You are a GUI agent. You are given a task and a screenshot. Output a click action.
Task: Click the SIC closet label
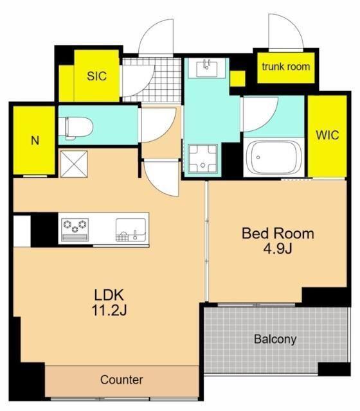[x=97, y=76]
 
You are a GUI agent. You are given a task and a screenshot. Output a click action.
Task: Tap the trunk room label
[x=286, y=67]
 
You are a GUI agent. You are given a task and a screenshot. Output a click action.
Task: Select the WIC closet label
[x=327, y=135]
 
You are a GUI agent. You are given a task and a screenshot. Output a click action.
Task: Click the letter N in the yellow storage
[x=35, y=141]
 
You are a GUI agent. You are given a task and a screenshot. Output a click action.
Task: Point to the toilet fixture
[x=76, y=128]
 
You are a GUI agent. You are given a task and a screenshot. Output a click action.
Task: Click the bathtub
[x=274, y=158]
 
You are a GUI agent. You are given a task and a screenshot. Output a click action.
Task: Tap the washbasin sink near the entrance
[x=206, y=68]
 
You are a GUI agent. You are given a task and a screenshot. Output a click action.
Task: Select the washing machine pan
[x=203, y=159]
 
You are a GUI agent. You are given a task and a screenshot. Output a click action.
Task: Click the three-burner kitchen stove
[x=75, y=230]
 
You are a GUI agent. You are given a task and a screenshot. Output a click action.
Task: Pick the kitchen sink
[x=131, y=230]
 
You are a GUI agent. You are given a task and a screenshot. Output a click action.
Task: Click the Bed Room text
[x=278, y=234]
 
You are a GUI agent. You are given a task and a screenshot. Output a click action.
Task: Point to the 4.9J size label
[x=278, y=249]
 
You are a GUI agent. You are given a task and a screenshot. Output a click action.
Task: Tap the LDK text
[x=109, y=295]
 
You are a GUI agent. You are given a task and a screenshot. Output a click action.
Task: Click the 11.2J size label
[x=109, y=311]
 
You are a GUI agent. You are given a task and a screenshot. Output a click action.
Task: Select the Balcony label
[x=275, y=339]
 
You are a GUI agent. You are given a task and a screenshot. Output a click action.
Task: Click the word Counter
[x=122, y=380]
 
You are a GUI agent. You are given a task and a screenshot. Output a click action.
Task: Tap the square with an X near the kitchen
[x=74, y=164]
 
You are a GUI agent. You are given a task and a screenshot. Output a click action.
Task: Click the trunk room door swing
[x=286, y=31]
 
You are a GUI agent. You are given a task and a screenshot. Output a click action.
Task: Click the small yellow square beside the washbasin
[x=237, y=78]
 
